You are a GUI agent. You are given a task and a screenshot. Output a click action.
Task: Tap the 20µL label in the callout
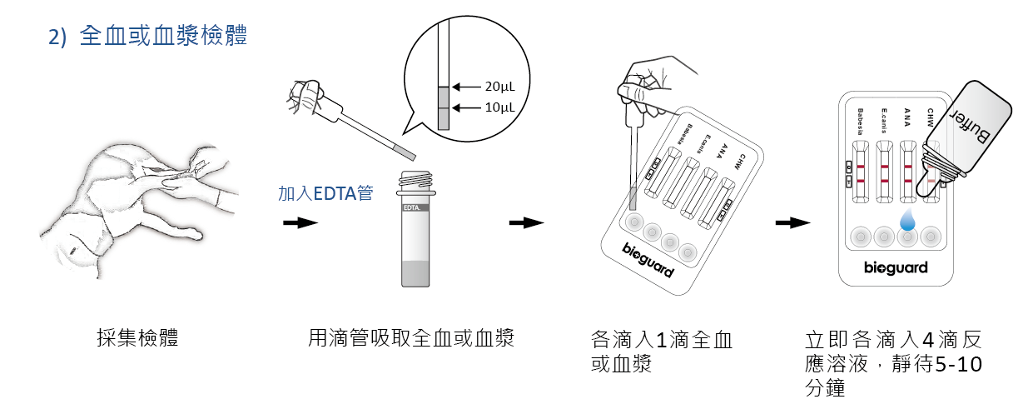click(499, 86)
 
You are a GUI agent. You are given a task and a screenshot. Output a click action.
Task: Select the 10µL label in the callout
click(499, 107)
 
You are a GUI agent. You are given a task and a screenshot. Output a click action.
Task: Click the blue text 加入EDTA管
click(325, 194)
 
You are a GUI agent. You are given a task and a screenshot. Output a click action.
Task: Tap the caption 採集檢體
click(137, 337)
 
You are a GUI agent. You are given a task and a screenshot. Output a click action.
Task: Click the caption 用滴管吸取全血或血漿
click(412, 337)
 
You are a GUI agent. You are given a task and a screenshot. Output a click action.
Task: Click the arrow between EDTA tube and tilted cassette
click(526, 222)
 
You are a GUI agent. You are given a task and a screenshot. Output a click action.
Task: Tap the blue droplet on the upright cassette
click(908, 220)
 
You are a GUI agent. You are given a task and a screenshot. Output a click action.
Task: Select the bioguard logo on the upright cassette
click(896, 268)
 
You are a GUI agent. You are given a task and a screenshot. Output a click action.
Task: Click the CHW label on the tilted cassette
click(738, 161)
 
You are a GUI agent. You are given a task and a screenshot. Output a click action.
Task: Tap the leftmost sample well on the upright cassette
click(859, 237)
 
